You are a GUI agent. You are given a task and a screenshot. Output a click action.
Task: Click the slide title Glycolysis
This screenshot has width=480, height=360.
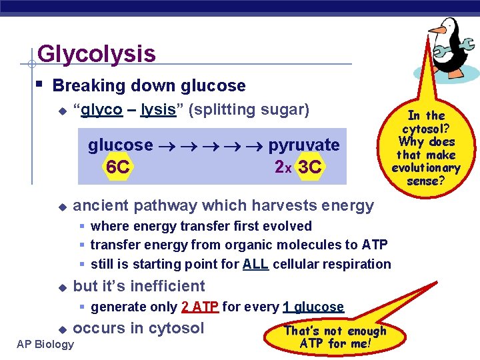97,53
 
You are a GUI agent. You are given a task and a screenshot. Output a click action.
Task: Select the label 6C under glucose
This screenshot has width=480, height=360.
118,167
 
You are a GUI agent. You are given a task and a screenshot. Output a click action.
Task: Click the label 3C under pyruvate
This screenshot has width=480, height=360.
310,167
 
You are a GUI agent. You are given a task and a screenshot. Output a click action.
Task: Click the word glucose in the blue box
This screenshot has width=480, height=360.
121,145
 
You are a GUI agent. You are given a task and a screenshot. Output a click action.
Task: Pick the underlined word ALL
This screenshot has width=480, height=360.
255,264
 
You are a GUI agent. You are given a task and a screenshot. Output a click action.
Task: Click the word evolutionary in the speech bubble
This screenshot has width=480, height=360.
426,168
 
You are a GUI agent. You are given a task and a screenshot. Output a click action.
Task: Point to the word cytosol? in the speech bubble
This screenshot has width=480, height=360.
426,129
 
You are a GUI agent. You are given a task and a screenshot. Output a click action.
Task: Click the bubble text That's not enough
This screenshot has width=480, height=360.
335,331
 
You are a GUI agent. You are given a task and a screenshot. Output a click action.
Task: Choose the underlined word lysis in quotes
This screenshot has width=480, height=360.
158,109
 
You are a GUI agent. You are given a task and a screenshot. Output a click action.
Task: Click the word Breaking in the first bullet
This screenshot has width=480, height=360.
82,86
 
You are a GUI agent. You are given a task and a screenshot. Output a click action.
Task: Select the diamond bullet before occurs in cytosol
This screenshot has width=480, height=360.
61,329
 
